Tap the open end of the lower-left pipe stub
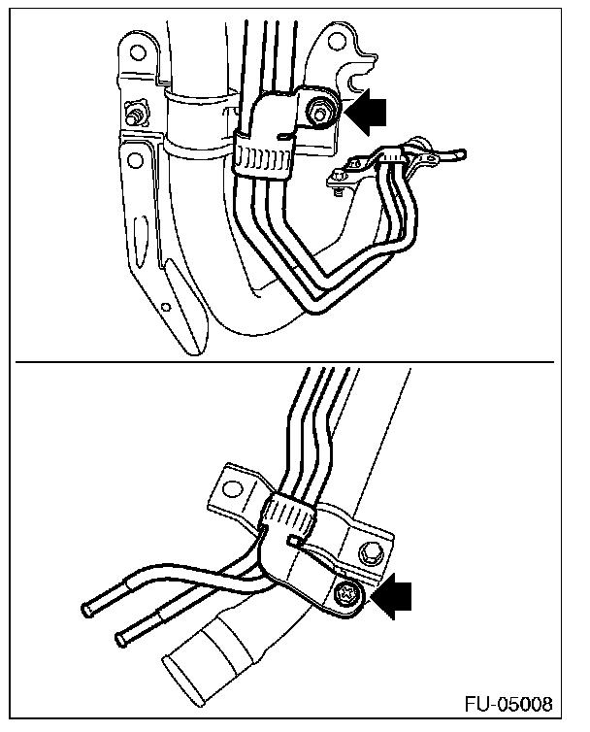pyautogui.click(x=122, y=639)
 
